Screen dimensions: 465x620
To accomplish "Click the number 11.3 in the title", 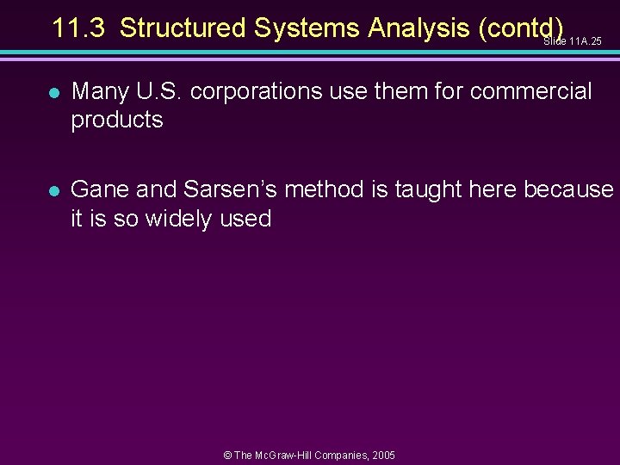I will click(79, 28).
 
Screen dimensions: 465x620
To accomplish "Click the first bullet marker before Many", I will click(53, 91).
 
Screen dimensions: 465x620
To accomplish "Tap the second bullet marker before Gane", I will click(53, 190).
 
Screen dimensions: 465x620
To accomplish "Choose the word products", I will click(117, 120).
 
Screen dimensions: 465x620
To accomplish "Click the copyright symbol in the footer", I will click(227, 455).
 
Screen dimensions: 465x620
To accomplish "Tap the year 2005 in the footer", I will click(383, 455).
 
